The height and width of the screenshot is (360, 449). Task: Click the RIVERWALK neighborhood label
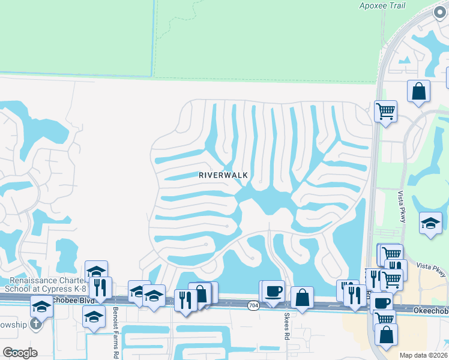[223, 175]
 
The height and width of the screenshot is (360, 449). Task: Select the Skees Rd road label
[286, 326]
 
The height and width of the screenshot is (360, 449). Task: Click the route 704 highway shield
[253, 305]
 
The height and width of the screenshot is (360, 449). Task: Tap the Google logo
[20, 353]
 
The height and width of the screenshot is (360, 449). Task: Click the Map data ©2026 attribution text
[423, 355]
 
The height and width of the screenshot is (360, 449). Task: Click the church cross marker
[35, 325]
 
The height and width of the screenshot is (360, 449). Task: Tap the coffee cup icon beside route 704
[273, 291]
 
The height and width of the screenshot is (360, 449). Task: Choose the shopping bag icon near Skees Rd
[302, 297]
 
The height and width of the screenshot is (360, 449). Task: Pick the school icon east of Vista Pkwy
[430, 223]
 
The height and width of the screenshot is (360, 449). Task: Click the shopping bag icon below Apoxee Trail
[418, 91]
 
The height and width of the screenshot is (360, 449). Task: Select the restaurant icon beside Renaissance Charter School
[100, 287]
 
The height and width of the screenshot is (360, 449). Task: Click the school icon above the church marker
[41, 306]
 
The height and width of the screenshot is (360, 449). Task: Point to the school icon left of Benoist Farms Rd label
[94, 316]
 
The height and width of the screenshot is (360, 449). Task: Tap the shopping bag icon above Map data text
[386, 335]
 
